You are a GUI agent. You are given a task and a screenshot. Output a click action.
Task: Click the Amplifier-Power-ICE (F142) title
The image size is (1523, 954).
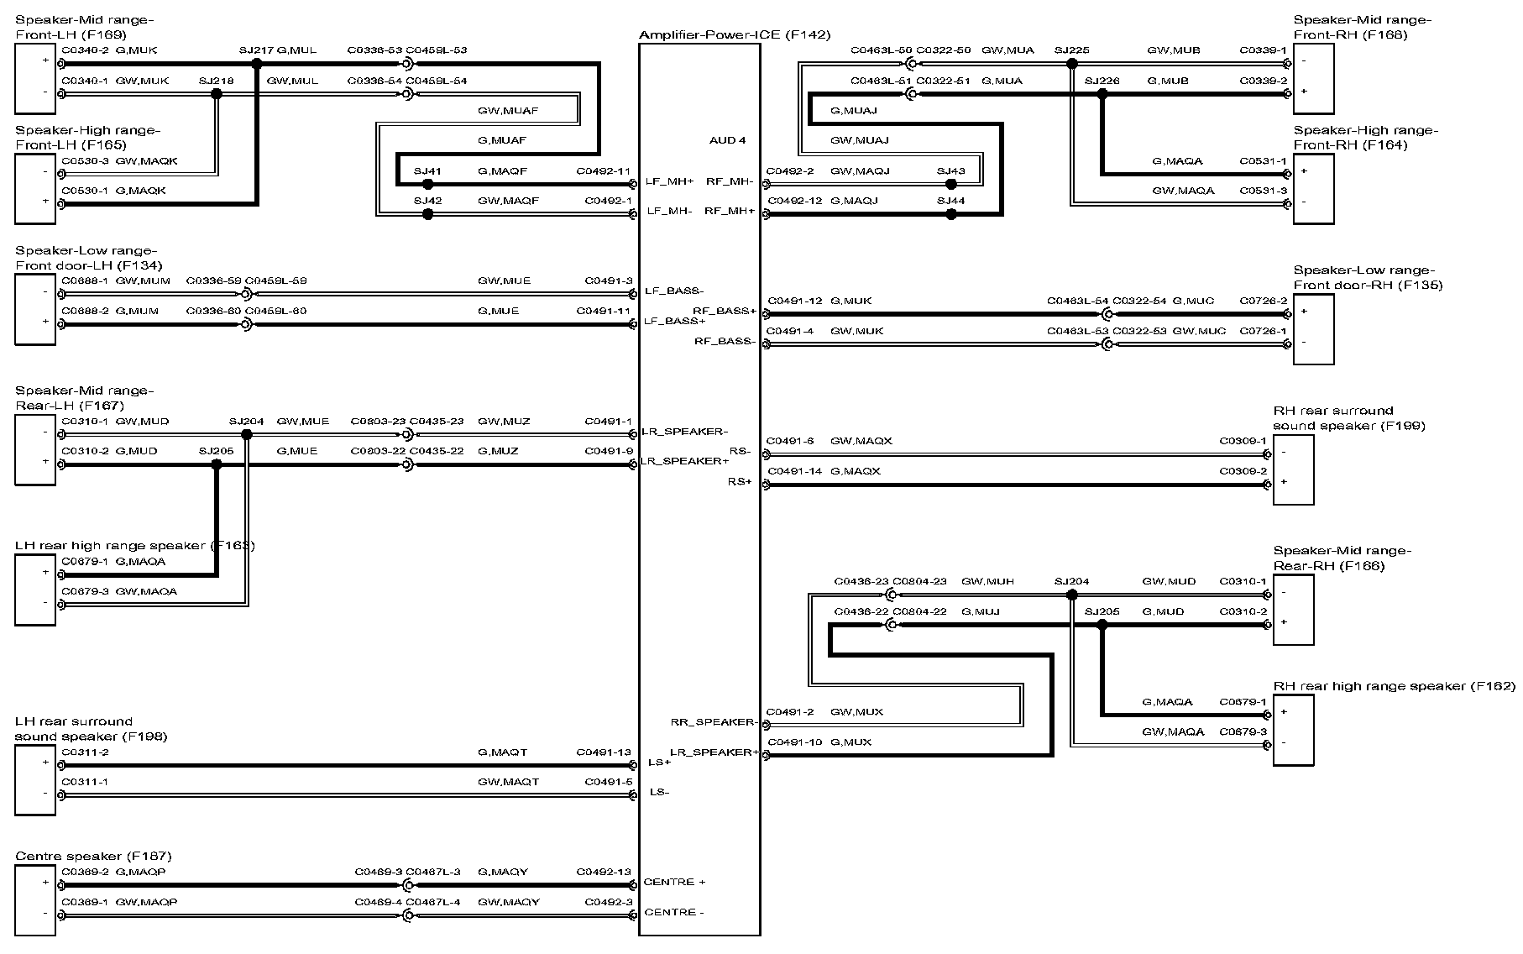(734, 35)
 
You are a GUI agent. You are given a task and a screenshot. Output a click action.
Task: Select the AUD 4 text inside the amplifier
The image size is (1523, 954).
(727, 140)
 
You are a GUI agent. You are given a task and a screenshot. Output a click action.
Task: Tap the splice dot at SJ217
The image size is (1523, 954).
(257, 63)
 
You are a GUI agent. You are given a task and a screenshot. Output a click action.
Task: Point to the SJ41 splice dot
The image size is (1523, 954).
(427, 184)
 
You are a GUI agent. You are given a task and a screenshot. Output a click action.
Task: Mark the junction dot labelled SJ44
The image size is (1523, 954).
(950, 214)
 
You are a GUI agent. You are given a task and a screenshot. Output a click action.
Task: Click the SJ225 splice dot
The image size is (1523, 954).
(1071, 63)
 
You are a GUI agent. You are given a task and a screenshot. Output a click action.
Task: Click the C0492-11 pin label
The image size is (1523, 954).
(603, 171)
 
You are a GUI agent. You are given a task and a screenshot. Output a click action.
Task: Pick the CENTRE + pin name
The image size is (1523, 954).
(674, 883)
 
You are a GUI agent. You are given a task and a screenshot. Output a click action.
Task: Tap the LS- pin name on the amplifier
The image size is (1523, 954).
(659, 792)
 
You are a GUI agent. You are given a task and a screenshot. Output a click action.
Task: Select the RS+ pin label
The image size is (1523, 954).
(740, 482)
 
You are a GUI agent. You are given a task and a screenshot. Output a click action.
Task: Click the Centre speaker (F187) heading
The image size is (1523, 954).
(93, 857)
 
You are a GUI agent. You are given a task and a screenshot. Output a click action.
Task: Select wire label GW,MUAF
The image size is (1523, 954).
(508, 111)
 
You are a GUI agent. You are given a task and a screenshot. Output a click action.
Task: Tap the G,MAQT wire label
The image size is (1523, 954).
(502, 752)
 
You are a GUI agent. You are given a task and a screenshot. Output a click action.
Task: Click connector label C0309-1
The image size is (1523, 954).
(1243, 441)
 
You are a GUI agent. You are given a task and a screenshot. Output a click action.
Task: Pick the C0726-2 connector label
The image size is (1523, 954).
(1263, 301)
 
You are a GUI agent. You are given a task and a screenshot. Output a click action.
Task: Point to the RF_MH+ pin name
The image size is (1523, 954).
(730, 211)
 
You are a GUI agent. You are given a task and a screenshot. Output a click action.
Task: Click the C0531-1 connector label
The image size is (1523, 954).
(1263, 161)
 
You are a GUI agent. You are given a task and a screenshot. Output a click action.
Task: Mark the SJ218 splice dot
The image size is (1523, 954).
(217, 94)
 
